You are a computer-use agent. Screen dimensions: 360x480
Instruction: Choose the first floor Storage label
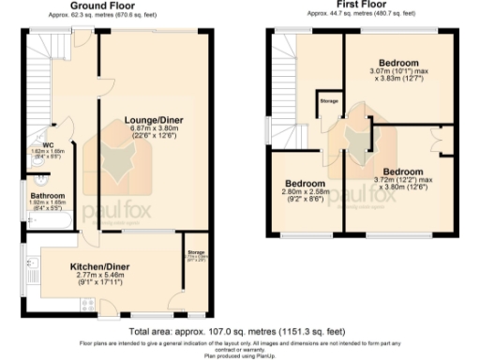coord(328,99)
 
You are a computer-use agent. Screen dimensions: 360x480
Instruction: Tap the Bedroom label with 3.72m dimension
coord(403,172)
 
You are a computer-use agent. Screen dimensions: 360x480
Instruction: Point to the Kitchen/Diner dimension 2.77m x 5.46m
coord(100,277)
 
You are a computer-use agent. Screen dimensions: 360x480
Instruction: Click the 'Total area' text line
coord(238,331)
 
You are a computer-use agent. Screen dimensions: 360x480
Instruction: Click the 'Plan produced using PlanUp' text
coord(238,355)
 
